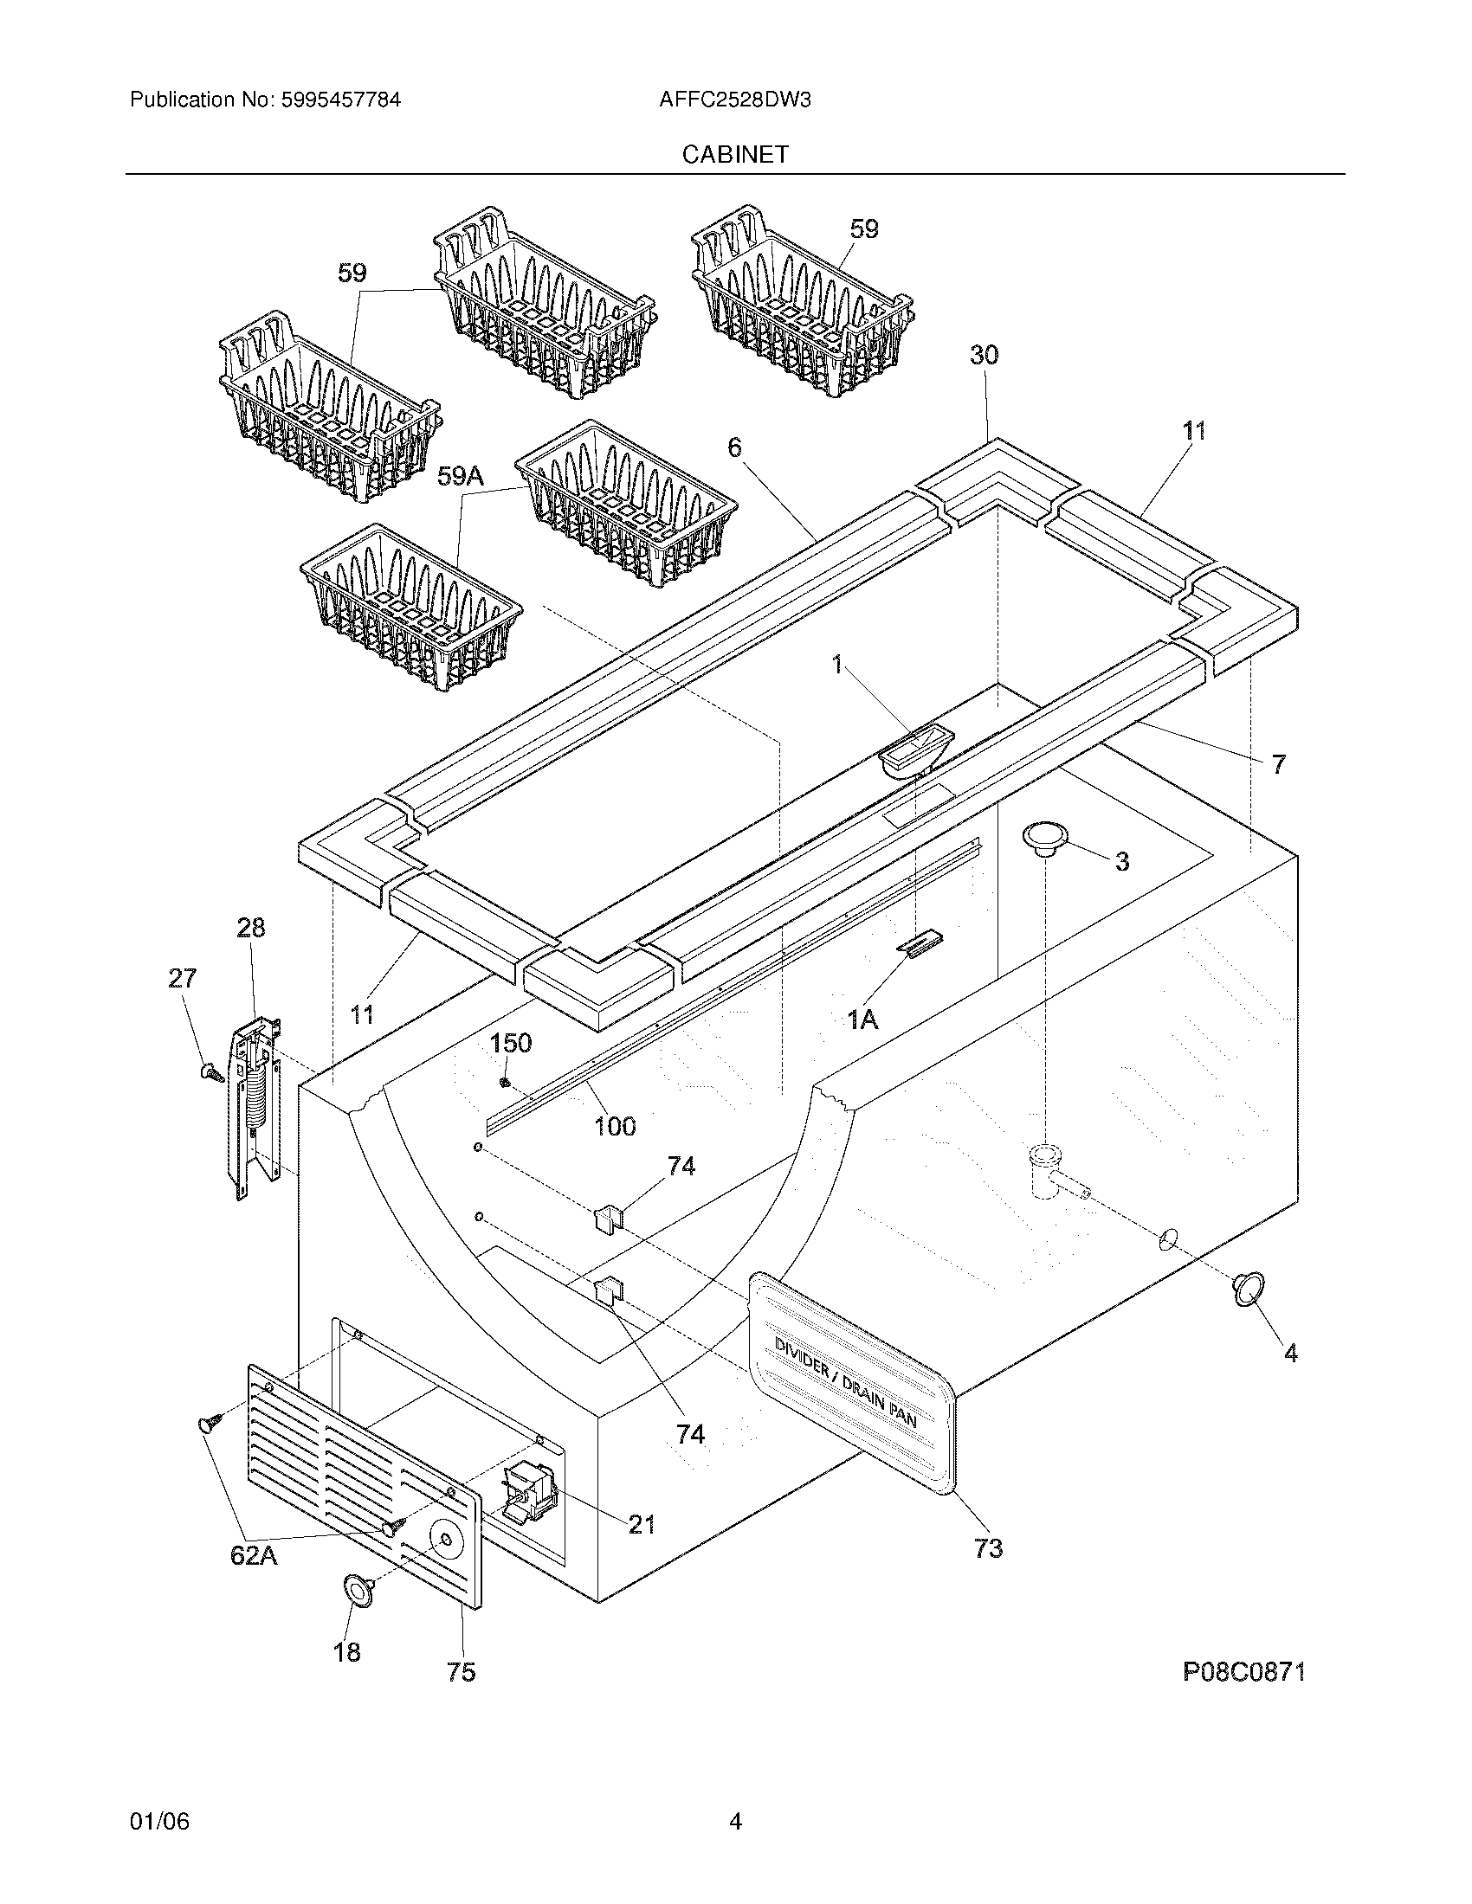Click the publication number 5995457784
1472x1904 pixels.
point(340,100)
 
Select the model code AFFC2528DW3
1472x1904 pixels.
point(735,100)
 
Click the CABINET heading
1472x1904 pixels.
point(735,154)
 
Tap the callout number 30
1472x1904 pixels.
point(984,355)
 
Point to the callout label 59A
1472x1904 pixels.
point(460,476)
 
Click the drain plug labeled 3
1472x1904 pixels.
point(1044,838)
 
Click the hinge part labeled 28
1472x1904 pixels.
point(255,1105)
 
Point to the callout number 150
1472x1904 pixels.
point(511,1043)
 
